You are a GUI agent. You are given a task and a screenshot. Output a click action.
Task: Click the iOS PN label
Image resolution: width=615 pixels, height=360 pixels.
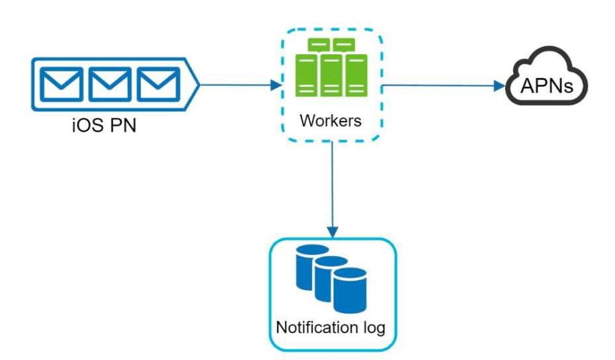104,125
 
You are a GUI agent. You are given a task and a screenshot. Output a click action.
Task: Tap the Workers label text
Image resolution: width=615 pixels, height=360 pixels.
331,120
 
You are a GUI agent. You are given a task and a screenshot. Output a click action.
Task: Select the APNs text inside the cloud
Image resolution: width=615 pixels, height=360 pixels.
546,85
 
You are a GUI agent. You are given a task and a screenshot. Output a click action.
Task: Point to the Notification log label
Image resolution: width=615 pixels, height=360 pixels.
331,328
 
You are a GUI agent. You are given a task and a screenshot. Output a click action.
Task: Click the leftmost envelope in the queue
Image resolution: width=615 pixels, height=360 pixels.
61,84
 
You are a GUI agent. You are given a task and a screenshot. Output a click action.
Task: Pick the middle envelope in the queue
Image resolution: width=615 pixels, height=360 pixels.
110,84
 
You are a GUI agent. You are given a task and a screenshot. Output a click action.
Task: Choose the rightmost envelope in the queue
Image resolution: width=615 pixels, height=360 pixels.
159,84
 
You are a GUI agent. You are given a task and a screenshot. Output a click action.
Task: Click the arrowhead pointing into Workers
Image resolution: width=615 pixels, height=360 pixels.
276,85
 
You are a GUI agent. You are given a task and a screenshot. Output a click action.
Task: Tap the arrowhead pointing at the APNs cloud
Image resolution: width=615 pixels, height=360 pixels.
499,86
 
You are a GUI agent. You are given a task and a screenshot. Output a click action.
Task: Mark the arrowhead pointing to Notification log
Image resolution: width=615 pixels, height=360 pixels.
333,232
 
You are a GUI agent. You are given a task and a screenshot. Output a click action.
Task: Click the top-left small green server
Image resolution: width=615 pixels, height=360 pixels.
319,45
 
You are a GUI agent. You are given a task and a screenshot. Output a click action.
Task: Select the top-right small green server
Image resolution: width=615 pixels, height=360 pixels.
344,45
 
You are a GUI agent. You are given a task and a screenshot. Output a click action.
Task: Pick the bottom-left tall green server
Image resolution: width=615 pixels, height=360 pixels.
306,75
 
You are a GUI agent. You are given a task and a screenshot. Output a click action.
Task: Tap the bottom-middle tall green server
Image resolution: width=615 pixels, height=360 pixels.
331,75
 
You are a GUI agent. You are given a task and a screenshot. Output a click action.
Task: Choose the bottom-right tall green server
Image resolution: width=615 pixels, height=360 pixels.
356,75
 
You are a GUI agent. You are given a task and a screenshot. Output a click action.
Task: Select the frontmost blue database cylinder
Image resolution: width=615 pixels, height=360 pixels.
350,291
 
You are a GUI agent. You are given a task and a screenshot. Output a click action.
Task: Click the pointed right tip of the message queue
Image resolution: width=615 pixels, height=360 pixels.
200,85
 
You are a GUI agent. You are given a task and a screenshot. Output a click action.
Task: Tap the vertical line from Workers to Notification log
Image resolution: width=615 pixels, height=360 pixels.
332,185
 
